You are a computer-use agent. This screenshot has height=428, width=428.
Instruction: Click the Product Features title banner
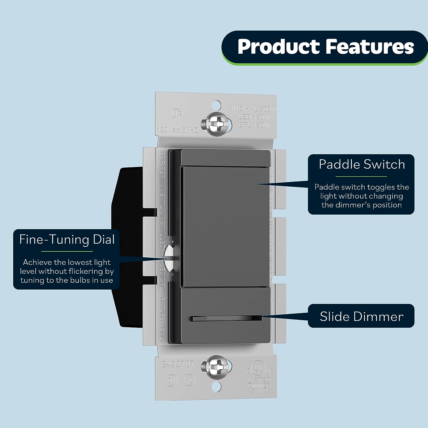point(325,47)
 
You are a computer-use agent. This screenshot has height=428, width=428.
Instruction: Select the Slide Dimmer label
point(362,316)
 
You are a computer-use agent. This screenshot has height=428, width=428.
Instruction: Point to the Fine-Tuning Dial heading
point(67,239)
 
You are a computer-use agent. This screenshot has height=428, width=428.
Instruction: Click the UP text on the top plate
point(177,115)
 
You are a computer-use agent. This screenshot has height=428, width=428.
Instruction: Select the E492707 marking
point(177,364)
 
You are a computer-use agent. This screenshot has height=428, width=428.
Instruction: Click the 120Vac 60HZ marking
point(177,130)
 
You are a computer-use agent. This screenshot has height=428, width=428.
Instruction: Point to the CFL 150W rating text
point(254,125)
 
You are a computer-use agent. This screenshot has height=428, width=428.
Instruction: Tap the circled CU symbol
point(171,380)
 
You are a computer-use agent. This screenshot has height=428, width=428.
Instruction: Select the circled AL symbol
point(189,380)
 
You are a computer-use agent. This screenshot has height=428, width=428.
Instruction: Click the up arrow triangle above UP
point(177,105)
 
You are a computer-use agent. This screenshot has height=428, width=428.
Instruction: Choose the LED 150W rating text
point(254,117)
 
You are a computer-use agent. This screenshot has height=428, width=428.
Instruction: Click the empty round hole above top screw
point(217,105)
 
